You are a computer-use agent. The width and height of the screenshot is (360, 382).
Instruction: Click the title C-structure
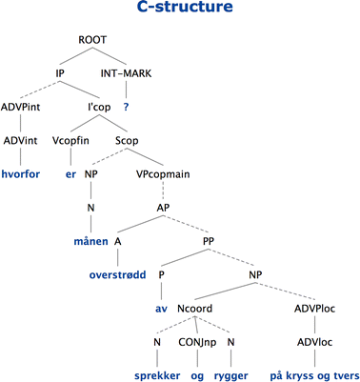point(180,10)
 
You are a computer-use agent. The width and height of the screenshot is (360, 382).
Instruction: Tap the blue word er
point(70,176)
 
